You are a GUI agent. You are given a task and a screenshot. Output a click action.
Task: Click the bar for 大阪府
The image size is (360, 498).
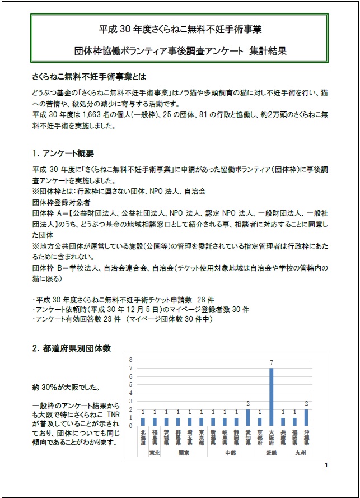pos(272,397)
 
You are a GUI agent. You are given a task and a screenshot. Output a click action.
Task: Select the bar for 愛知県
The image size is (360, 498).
pos(247,417)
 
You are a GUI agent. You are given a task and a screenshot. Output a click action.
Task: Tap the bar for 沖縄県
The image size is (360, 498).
pos(306,417)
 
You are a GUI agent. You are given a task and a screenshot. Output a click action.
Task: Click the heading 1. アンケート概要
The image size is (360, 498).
pos(62,153)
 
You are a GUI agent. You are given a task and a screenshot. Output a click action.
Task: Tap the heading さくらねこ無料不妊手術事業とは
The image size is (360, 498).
pos(89,75)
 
